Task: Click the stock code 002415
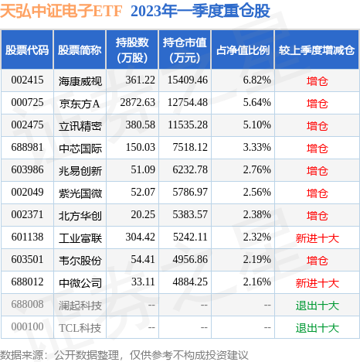[x=27, y=80]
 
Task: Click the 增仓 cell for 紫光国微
[x=317, y=193]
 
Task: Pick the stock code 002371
[x=27, y=215]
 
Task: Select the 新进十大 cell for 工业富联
[x=317, y=238]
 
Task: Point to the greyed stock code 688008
[x=27, y=306]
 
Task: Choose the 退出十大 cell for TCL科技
[x=317, y=328]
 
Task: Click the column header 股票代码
[x=27, y=50]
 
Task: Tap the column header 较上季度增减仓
[x=317, y=50]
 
